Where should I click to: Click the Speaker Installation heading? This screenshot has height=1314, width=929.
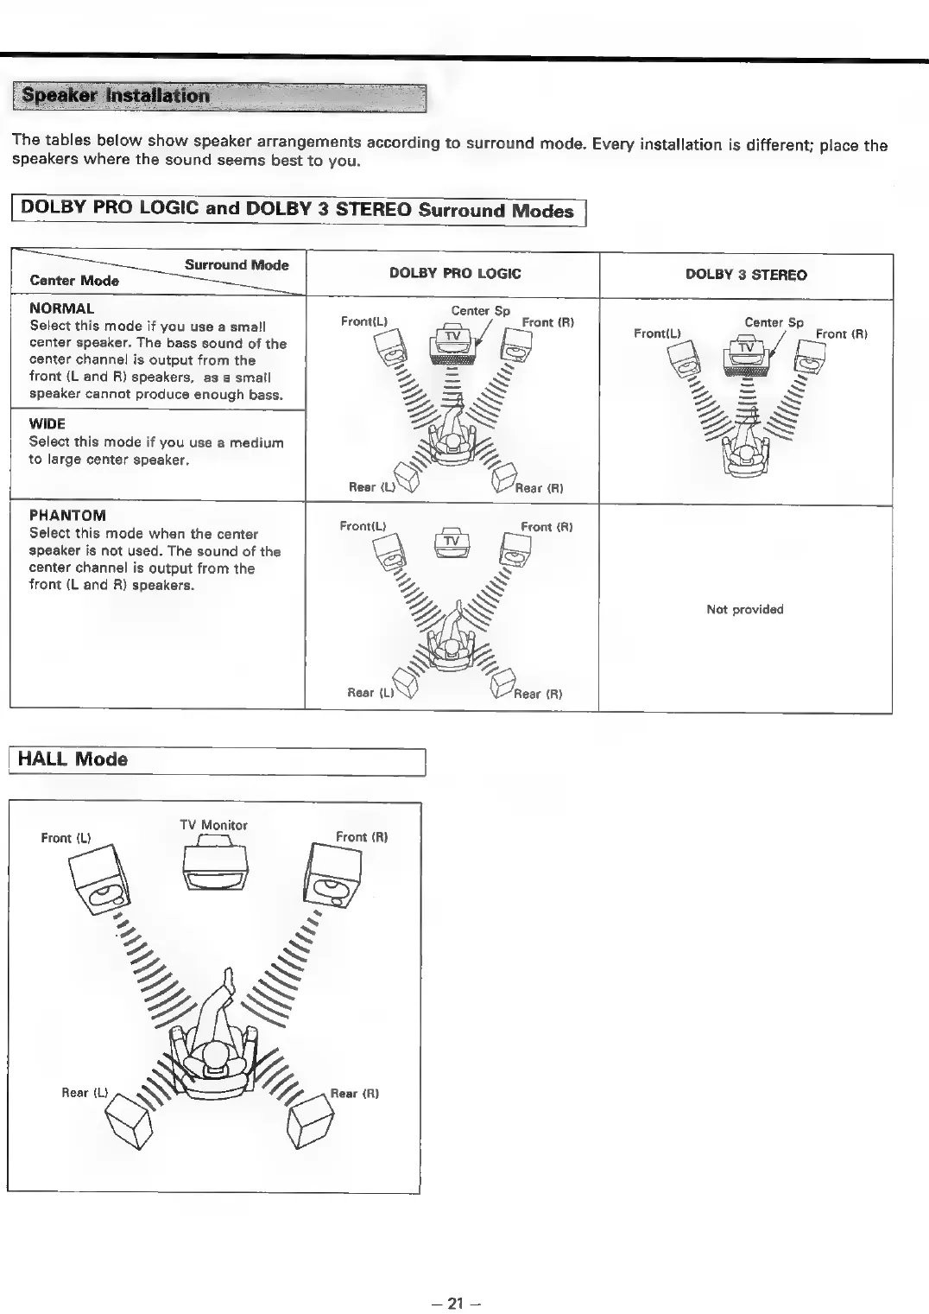[x=116, y=96]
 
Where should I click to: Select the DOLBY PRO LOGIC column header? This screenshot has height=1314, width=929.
[x=455, y=274]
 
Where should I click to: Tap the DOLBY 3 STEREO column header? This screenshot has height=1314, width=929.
[x=746, y=275]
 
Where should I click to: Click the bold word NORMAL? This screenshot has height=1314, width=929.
[x=61, y=308]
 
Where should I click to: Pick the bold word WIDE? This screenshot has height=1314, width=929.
[x=47, y=423]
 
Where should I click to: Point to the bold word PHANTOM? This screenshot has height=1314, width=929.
[x=67, y=516]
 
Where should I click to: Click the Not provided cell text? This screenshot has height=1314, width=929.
[x=744, y=609]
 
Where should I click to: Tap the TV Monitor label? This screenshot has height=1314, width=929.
[x=213, y=825]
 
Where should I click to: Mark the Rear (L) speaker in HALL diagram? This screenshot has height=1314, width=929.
[x=128, y=1120]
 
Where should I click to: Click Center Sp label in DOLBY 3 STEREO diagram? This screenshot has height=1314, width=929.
[x=774, y=322]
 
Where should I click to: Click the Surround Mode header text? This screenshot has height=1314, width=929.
[x=237, y=265]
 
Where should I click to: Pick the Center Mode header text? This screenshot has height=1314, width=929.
[x=74, y=281]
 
